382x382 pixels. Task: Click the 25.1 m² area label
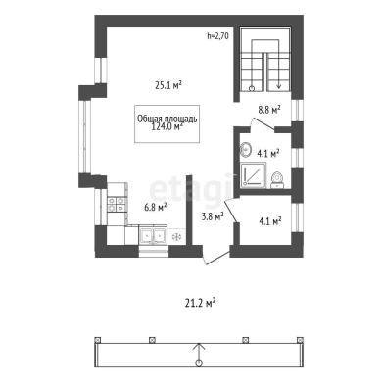pyautogui.click(x=168, y=85)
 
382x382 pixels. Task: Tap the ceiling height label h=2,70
pyautogui.click(x=217, y=36)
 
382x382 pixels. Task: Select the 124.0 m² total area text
pyautogui.click(x=167, y=126)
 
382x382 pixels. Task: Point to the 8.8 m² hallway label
pyautogui.click(x=269, y=110)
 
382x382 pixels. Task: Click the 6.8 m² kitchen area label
pyautogui.click(x=156, y=207)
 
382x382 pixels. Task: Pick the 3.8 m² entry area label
pyautogui.click(x=213, y=215)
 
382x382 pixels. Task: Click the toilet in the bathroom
pyautogui.click(x=278, y=179)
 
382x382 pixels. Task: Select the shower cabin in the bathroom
pyautogui.click(x=254, y=176)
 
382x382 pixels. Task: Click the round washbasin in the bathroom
pyautogui.click(x=245, y=150)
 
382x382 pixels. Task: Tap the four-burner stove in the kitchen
pyautogui.click(x=117, y=204)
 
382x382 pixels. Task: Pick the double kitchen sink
pyautogui.click(x=153, y=235)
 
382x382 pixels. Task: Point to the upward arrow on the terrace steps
pyautogui.click(x=198, y=354)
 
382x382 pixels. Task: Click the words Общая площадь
pyautogui.click(x=167, y=119)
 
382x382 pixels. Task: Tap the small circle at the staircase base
pyautogui.click(x=252, y=88)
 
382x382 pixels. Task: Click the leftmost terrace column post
pyautogui.click(x=97, y=340)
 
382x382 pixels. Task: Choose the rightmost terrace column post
pyautogui.click(x=300, y=340)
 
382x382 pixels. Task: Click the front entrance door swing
pyautogui.click(x=215, y=258)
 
